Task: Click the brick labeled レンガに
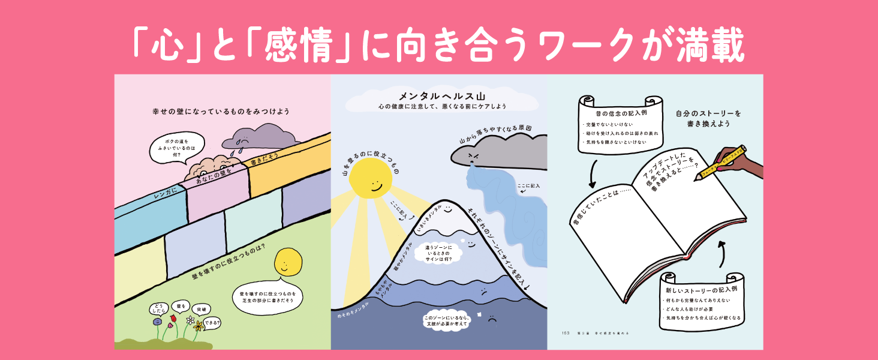[x=155, y=197]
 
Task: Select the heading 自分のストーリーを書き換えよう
[x=708, y=118]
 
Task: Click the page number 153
[x=566, y=333]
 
